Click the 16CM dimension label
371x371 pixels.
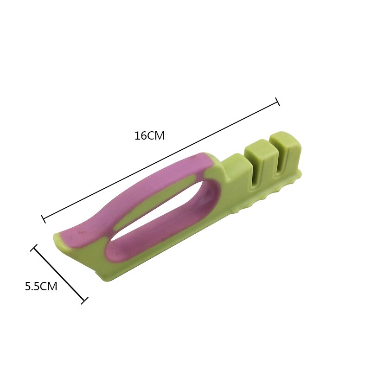(x=149, y=136)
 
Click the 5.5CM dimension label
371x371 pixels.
(x=41, y=287)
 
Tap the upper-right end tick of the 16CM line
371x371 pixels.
(x=277, y=102)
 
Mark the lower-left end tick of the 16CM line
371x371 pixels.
(x=44, y=218)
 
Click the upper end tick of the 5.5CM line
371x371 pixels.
(x=33, y=248)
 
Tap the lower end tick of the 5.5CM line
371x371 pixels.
(x=84, y=301)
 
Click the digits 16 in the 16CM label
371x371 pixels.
(x=141, y=136)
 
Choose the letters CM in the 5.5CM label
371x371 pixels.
(x=49, y=287)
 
